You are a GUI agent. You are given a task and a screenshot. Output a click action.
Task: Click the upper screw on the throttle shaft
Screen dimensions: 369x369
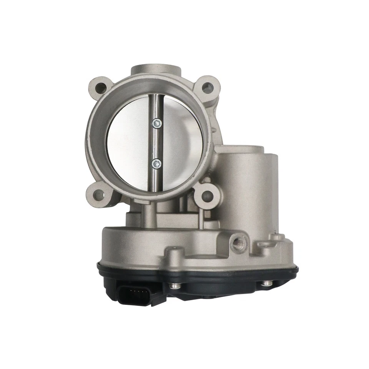click(156, 123)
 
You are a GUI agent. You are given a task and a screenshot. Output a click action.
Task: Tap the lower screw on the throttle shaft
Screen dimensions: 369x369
click(156, 164)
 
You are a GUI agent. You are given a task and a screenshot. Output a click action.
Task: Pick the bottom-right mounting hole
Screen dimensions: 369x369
click(206, 195)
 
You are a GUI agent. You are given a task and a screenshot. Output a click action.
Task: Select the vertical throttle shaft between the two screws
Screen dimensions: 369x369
click(156, 144)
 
